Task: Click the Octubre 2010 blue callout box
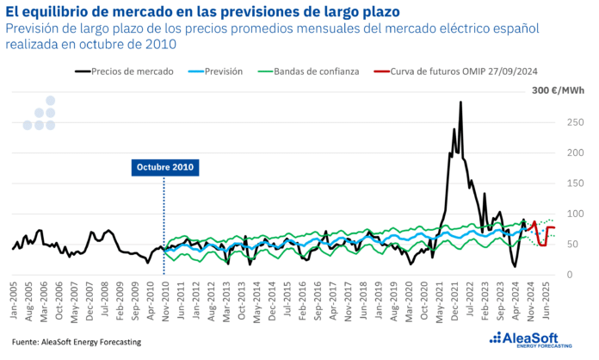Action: pos(165,167)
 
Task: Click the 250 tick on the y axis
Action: pos(569,122)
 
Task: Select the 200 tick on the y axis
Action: pos(569,152)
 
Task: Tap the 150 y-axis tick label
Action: pos(569,183)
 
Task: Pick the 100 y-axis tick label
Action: pos(569,214)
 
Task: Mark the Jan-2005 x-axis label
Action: pos(15,298)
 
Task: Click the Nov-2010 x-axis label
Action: pos(166,298)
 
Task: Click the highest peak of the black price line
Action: pos(460,102)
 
